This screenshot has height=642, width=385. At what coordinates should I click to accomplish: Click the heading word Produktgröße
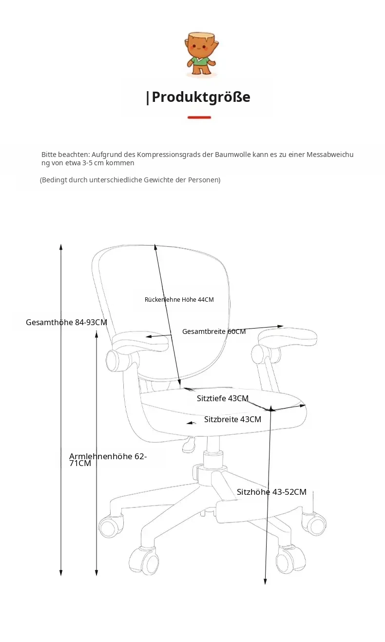201,97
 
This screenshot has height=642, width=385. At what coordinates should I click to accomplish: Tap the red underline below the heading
199,117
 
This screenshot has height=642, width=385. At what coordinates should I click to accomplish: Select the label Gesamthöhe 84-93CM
66,322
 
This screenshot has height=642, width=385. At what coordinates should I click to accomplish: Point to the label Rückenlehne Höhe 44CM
179,299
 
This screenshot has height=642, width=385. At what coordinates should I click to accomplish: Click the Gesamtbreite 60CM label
214,331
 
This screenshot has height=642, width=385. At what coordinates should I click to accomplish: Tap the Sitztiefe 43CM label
223,398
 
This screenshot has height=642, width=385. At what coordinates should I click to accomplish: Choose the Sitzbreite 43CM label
232,419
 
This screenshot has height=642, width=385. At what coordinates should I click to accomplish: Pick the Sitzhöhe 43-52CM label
271,492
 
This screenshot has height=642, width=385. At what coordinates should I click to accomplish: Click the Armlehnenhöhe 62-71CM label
108,460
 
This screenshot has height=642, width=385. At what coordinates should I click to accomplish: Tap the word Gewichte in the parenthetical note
158,180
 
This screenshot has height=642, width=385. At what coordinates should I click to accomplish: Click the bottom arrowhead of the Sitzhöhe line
265,581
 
